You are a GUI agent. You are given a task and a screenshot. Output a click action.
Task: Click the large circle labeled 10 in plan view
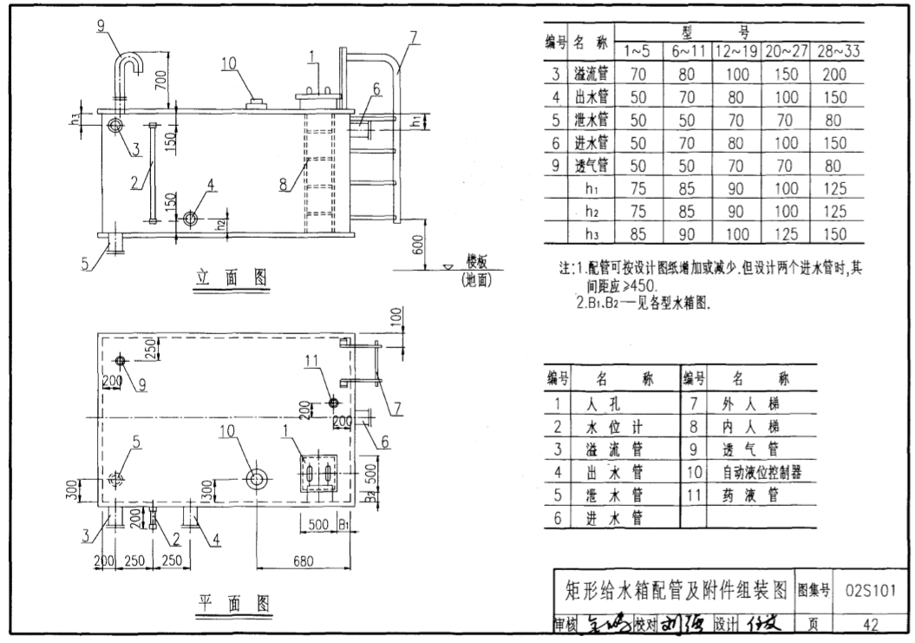coord(257,477)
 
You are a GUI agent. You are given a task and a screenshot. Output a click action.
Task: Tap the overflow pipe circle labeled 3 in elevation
coord(114,126)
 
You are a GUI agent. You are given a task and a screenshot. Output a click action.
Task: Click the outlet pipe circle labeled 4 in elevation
coord(190,219)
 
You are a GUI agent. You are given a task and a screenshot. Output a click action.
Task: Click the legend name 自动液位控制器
coord(761,473)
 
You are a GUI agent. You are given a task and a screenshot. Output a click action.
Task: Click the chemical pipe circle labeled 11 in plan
coord(333,402)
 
